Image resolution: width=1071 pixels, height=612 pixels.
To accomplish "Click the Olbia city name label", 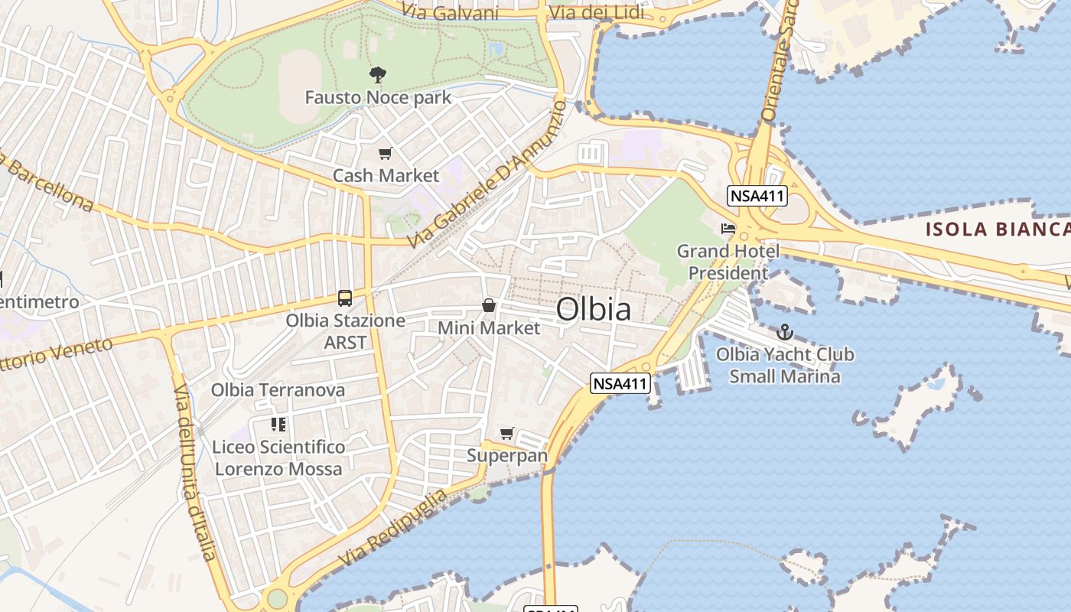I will click(594, 309).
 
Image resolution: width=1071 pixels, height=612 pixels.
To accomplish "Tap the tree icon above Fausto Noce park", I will click(378, 75).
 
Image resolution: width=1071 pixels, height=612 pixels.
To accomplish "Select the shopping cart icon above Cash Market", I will click(386, 154).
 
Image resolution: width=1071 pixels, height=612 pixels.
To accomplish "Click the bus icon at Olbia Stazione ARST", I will click(345, 298).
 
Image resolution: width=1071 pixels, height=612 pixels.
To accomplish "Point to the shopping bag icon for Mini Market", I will click(489, 306).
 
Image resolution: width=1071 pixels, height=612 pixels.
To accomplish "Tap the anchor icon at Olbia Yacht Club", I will click(784, 332).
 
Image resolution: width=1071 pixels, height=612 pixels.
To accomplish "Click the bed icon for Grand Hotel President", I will click(728, 229).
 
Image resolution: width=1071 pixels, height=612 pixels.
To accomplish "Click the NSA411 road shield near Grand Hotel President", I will click(757, 196).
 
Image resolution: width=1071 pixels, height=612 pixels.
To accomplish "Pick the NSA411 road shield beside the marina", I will click(620, 383).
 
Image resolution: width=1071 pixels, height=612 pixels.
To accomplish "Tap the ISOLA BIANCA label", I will click(998, 229).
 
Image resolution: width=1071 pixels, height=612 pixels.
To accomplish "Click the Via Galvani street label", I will click(454, 13).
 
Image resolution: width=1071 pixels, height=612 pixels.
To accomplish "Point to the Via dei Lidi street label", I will click(597, 13).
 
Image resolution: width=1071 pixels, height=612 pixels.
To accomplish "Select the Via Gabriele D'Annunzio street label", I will click(487, 175).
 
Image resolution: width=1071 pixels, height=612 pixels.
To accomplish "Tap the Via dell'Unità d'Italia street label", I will click(194, 473).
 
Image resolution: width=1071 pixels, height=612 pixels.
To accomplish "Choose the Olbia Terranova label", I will click(278, 390).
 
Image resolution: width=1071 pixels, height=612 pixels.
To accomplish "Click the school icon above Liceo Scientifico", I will click(278, 425).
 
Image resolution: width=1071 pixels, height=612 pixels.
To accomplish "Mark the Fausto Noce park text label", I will click(378, 98).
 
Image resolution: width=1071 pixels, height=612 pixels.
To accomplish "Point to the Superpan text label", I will click(507, 456).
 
